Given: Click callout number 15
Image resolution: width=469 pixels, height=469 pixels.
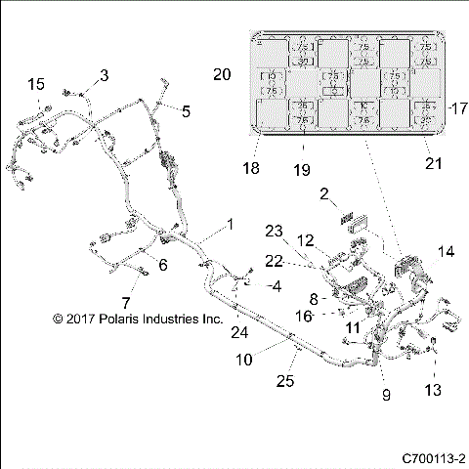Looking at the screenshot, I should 36,84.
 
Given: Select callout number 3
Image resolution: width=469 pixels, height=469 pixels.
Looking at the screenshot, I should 105,75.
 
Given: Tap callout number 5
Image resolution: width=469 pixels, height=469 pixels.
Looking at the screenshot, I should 187,111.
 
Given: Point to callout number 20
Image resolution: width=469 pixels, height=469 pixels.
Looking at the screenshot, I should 222,74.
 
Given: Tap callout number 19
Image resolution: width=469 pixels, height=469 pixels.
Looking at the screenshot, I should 302,170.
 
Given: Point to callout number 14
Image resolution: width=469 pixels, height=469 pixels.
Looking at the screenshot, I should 447,252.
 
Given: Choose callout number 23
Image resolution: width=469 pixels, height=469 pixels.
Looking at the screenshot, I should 274,231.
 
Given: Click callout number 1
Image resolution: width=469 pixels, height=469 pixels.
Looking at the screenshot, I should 231,224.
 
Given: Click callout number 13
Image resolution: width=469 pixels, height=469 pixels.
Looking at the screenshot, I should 433,390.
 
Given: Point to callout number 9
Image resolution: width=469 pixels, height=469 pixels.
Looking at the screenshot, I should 386,395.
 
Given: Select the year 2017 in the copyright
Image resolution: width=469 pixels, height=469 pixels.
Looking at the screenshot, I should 71,319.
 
